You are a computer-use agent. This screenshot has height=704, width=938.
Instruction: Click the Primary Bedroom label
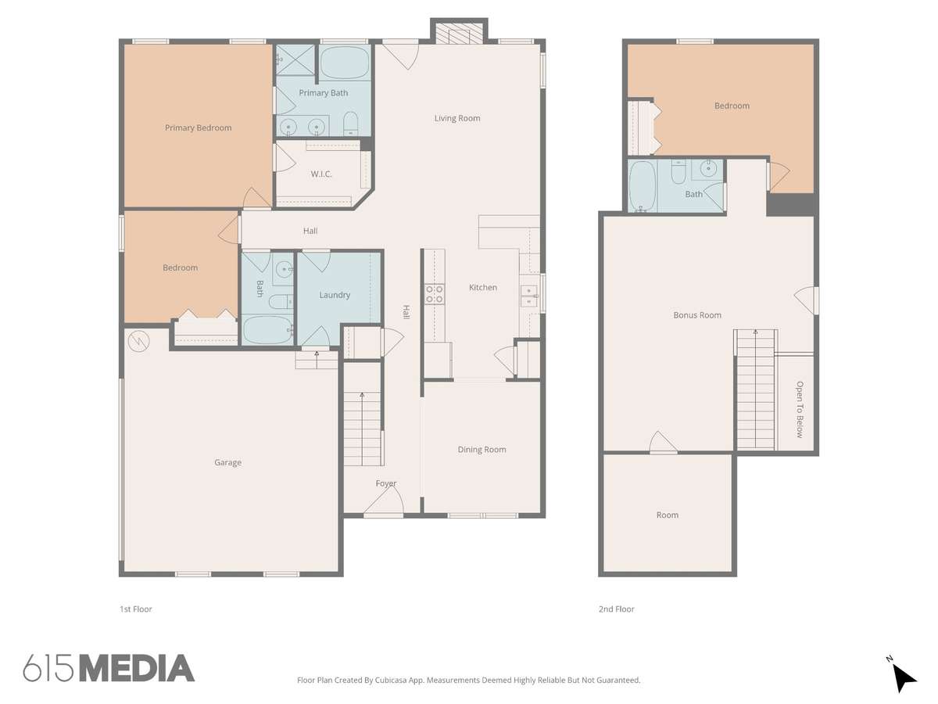coord(199,128)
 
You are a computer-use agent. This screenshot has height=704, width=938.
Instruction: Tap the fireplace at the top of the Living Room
coord(459,31)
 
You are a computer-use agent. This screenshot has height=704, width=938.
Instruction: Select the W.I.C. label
coord(321,174)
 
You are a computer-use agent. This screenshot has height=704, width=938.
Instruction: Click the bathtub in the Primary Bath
coord(345,63)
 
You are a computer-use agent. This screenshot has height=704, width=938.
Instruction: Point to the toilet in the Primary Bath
coord(351,124)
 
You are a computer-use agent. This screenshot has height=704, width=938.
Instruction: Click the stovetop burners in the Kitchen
coord(435,294)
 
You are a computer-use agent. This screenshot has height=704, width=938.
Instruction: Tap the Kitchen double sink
coord(529,296)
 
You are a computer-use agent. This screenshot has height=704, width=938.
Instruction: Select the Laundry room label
coord(335,295)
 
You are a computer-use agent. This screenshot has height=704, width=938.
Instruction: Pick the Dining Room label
coord(482,449)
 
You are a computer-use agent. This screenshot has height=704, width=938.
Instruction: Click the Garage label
coord(227,462)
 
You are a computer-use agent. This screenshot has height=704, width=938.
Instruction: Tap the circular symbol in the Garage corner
coord(139,341)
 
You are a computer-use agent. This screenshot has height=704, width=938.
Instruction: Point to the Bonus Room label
coord(697,315)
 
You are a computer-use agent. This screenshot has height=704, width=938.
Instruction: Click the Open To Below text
coord(800,409)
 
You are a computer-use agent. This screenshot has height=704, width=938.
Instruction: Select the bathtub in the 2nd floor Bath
coord(643,186)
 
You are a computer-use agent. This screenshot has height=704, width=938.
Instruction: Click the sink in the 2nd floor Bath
coord(708,168)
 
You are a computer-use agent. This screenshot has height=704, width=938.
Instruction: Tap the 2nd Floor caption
coord(616,609)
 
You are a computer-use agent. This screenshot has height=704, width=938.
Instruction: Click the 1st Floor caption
coord(136,609)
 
